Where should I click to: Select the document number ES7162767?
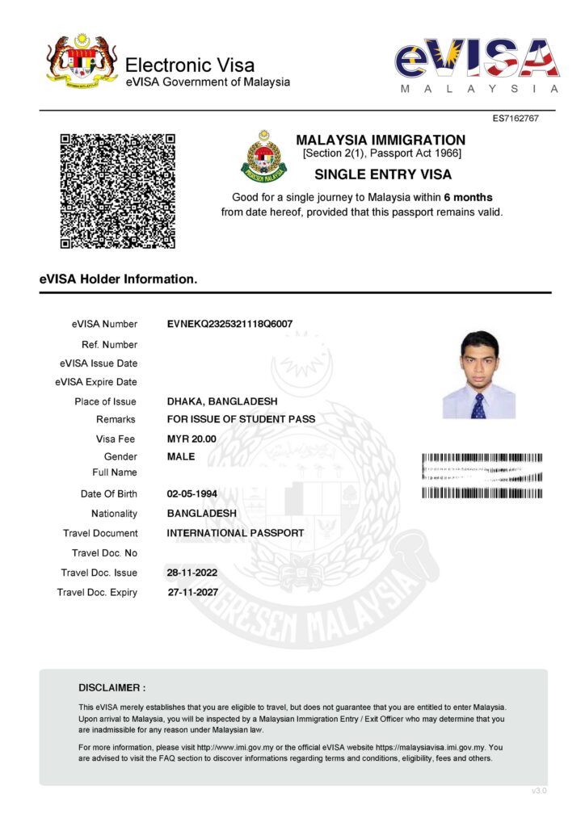pos(516,119)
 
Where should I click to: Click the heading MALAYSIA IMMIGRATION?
pos(381,140)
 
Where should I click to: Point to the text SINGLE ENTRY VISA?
pos(382,174)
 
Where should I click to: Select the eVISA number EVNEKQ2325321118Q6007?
pos(229,324)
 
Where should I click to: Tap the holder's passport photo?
pos(478,375)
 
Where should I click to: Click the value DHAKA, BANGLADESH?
pos(221,401)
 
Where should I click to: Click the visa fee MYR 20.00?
pos(191,439)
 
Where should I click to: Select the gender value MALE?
pos(181,457)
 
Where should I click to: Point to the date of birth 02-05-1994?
pos(191,493)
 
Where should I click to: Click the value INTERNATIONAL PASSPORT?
pos(235,533)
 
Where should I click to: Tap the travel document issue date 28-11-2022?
pos(191,573)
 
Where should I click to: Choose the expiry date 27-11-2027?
pos(192,592)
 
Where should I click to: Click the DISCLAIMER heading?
pos(112,688)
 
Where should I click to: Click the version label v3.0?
pos(539,791)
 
